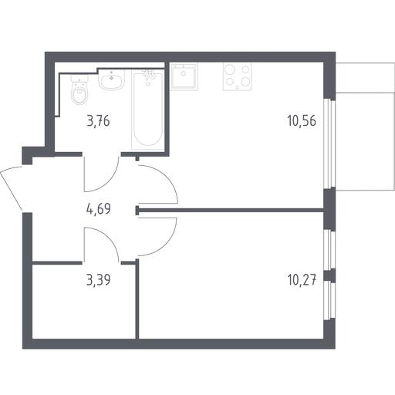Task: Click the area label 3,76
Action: [x=99, y=121]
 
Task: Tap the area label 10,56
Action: [x=302, y=120]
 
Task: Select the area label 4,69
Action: [x=99, y=208]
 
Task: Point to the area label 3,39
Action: [x=99, y=280]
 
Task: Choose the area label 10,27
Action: [x=302, y=280]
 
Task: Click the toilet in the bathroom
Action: [x=79, y=90]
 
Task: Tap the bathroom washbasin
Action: [x=111, y=79]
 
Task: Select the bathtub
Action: [x=147, y=110]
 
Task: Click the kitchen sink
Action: [x=184, y=76]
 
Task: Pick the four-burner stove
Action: [x=238, y=76]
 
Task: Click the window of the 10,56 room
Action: [x=329, y=144]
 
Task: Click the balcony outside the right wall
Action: [x=365, y=127]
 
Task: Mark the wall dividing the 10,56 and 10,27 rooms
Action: [x=230, y=211]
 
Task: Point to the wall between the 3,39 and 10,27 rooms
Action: [x=137, y=299]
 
